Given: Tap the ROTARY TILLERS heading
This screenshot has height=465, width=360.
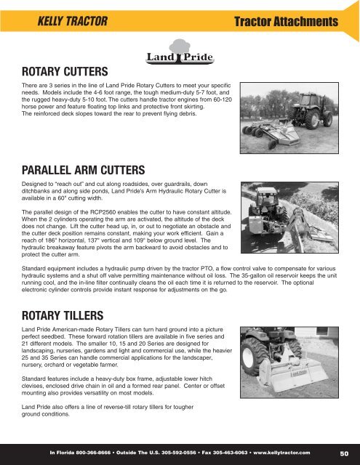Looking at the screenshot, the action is [x=62, y=316].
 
